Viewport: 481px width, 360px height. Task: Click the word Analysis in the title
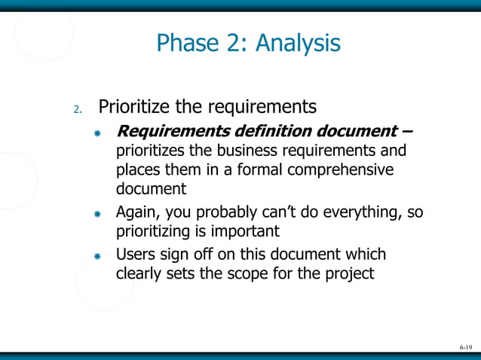point(298,43)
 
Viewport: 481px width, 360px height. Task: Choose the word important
point(244,230)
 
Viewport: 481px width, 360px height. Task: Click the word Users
point(136,254)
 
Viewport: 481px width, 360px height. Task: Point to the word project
point(348,273)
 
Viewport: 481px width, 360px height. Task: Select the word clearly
point(139,273)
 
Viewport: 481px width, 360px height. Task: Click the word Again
point(136,212)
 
